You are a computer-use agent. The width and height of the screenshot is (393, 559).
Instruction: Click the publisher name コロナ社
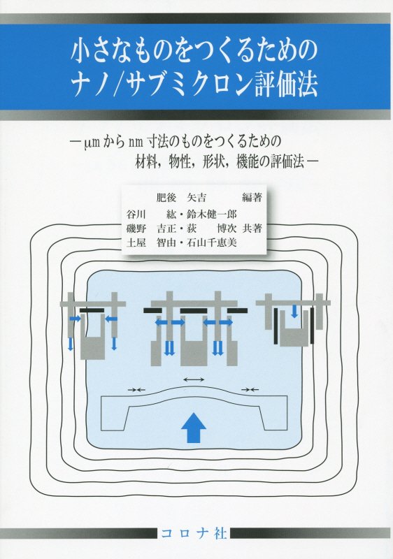[x=194, y=533]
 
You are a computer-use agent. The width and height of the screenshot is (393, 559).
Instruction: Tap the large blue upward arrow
[x=193, y=427]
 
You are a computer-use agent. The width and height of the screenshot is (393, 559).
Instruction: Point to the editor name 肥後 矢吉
[x=181, y=197]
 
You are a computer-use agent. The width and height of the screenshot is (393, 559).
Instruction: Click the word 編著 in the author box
[x=252, y=197]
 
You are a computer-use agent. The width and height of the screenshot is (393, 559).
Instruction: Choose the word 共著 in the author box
[x=252, y=228]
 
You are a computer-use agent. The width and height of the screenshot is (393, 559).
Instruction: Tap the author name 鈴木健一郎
[x=212, y=214]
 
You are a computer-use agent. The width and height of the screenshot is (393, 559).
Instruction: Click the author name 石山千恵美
[x=212, y=242]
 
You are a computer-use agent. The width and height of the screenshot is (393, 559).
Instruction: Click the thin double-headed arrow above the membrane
[x=193, y=379]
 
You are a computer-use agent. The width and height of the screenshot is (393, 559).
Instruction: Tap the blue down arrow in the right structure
[x=294, y=311]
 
